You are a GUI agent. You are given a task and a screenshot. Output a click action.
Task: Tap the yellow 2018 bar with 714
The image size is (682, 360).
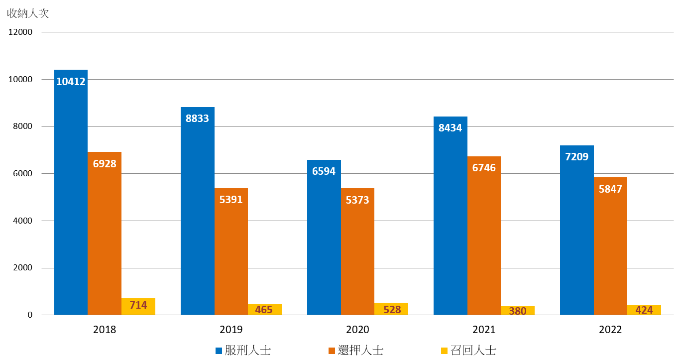pos(138,306)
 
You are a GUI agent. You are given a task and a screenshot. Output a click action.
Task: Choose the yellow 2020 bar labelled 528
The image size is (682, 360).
pos(391,309)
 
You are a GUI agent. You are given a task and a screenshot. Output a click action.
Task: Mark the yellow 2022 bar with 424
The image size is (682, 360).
pos(644,310)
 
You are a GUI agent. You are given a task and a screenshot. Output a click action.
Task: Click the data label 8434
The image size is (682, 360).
pos(450,128)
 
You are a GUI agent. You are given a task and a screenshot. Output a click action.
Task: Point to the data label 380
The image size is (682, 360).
pos(518,311)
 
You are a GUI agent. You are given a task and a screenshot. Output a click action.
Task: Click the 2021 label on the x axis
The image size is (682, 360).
pos(484,330)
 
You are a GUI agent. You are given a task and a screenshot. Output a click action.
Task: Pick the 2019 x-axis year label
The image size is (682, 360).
pos(231,330)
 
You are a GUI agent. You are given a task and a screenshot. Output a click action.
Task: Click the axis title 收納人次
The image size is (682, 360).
pos(28,13)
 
